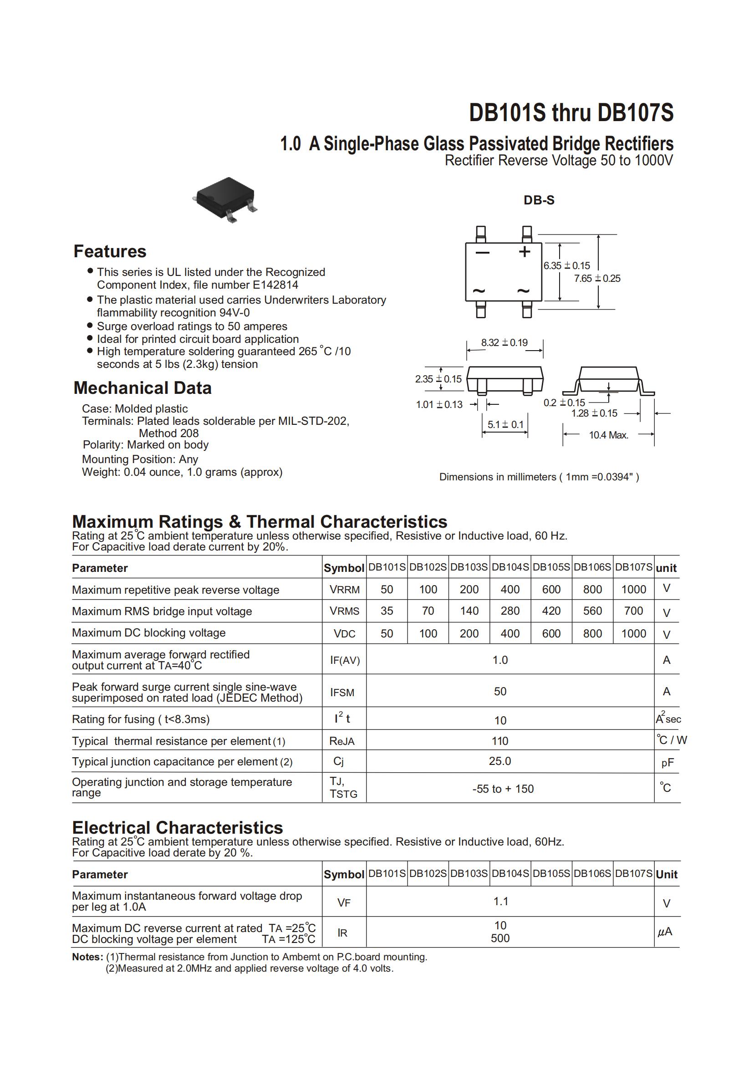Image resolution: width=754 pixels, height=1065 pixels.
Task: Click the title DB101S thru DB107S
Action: point(571,113)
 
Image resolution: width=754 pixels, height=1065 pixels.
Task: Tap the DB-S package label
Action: point(539,200)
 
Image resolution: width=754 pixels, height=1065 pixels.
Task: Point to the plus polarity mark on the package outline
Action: point(524,252)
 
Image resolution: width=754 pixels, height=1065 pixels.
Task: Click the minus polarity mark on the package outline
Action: point(482,253)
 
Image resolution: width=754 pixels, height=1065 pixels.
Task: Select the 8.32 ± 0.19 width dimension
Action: point(504,342)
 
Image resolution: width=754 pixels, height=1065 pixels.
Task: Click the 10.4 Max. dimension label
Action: point(608,435)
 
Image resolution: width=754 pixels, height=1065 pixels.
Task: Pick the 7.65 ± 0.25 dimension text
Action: point(597,279)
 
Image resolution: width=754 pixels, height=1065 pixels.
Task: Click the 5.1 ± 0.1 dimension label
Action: point(505,424)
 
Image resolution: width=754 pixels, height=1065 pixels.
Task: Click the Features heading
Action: point(110,251)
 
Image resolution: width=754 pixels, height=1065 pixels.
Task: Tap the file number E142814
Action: point(275,285)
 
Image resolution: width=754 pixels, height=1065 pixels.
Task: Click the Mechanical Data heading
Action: point(142,387)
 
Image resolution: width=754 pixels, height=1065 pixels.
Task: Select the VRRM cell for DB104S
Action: point(510,589)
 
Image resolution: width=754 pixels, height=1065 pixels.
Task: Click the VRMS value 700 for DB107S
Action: point(633,611)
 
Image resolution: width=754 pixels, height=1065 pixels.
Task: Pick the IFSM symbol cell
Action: point(342,692)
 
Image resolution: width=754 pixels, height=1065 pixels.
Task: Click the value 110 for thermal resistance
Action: point(500,740)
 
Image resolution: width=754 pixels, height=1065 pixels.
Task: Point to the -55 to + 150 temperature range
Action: point(503,788)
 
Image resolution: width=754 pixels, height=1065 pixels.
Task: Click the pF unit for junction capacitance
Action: point(667,762)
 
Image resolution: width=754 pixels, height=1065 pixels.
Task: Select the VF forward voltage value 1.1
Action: point(500,901)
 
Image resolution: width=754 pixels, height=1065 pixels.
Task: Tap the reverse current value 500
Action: point(500,938)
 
